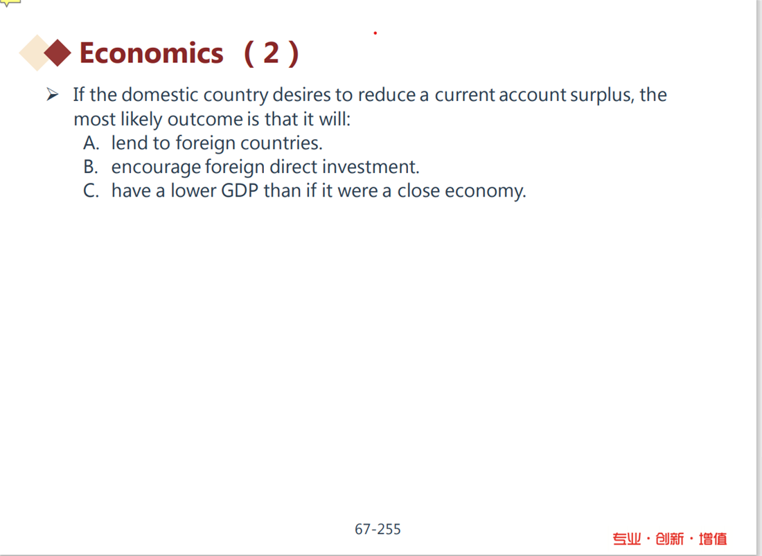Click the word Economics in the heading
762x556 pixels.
(x=151, y=53)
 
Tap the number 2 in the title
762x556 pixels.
(x=271, y=53)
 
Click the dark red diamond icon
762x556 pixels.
(x=57, y=53)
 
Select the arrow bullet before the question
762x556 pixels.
(x=53, y=94)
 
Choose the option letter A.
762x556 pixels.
(x=91, y=143)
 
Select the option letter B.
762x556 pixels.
(x=91, y=167)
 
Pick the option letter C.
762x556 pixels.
(x=91, y=190)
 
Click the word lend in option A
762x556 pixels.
(x=130, y=143)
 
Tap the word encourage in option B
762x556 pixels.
(x=156, y=168)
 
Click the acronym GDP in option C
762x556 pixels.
(x=240, y=190)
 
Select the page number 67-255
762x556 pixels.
(x=378, y=529)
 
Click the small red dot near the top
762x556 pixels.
(x=375, y=33)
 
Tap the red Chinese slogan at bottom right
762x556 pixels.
(x=670, y=539)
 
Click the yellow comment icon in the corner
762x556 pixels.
(x=10, y=3)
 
